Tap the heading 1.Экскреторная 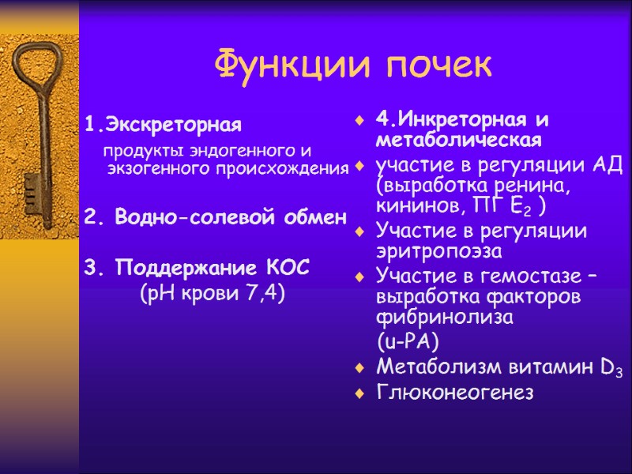162,125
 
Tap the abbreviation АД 608,167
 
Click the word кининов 420,206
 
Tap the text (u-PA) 408,342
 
